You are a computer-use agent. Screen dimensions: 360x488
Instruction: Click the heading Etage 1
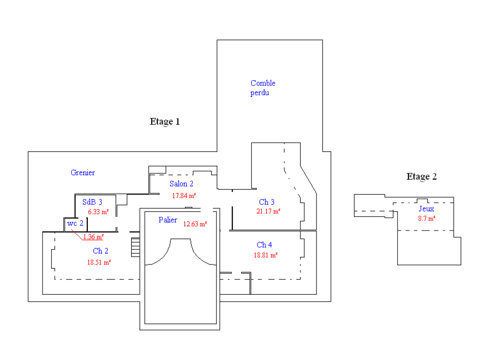point(165,122)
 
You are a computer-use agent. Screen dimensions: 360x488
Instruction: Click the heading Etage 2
point(421,177)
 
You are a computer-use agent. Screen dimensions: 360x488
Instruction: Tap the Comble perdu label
point(263,88)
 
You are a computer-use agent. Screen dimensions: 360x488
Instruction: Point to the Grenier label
point(83,173)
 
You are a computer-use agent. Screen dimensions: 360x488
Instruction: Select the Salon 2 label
point(182,184)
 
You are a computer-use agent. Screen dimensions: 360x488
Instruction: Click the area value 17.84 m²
point(184,196)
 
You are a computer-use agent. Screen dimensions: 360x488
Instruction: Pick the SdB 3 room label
point(92,202)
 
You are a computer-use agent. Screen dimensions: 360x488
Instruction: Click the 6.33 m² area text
point(99,211)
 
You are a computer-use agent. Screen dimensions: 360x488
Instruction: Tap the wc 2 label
point(75,223)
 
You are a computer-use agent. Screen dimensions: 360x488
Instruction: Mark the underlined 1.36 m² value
point(93,236)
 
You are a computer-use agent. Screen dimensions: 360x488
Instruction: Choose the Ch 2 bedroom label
point(100,251)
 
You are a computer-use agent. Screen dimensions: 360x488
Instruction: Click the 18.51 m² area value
point(99,262)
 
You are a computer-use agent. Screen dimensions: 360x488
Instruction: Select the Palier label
point(168,220)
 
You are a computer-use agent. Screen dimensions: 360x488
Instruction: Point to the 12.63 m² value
point(195,224)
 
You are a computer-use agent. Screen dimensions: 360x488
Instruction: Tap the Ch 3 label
point(267,202)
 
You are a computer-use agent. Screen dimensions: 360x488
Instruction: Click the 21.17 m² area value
point(268,211)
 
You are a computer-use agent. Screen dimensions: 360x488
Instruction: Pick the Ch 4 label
point(264,245)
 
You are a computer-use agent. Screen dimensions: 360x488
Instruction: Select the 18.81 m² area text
point(266,255)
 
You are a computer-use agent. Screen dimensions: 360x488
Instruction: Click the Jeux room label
point(426,209)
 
